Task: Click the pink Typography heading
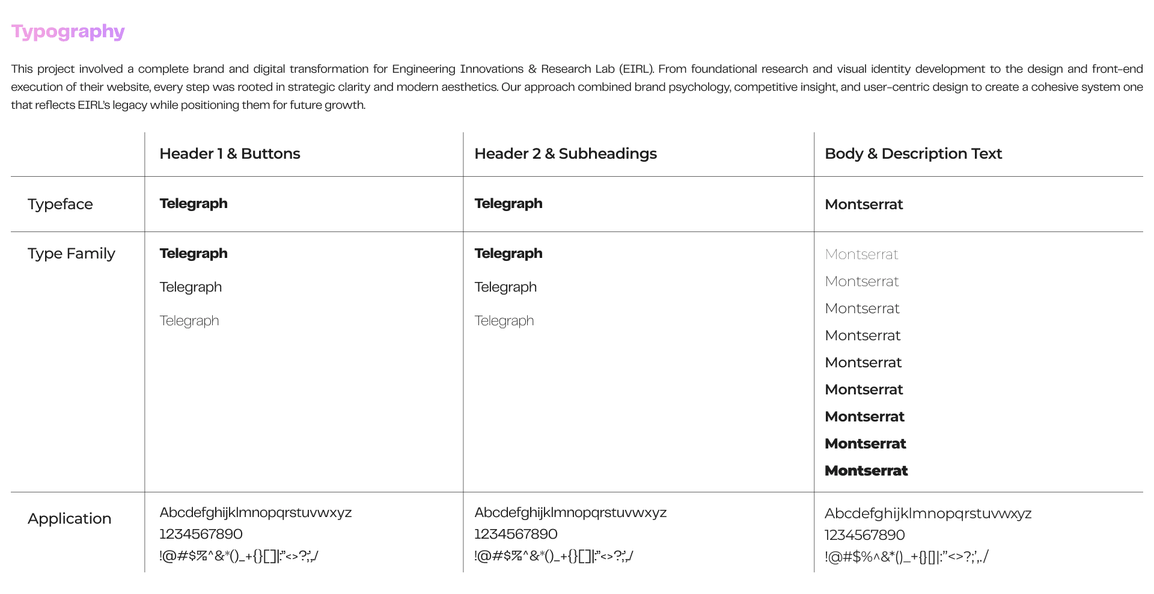(68, 31)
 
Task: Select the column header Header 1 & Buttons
(230, 154)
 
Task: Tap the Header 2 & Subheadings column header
(565, 154)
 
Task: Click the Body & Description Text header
(913, 154)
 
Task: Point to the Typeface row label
(60, 204)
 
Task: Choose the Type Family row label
(71, 254)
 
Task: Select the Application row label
(69, 519)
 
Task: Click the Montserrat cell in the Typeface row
(864, 204)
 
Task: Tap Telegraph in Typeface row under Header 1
(194, 204)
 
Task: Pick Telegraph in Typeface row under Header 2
(508, 204)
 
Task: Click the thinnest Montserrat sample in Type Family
(861, 254)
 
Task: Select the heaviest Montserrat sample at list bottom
(866, 471)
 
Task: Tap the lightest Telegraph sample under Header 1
(189, 321)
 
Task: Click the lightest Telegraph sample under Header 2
(504, 321)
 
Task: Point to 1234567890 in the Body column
(864, 535)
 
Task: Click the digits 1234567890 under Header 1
(201, 534)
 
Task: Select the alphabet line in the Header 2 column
(570, 513)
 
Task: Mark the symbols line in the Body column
(906, 557)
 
